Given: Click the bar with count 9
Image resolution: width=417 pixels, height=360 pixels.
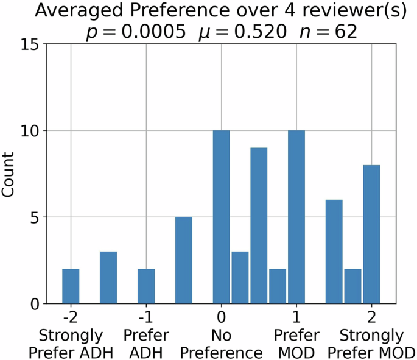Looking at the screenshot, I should [259, 225].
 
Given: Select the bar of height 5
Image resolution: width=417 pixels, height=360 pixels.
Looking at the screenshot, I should [184, 260].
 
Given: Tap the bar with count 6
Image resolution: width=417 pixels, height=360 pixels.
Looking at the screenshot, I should [334, 252].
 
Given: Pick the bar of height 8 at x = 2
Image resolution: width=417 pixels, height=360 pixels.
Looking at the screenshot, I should [371, 235].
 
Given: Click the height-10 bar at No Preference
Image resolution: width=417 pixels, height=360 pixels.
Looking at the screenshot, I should [222, 217].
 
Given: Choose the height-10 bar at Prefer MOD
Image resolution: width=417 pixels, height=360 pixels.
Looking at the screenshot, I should [296, 217].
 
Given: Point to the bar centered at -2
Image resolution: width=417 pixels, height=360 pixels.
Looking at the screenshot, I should [71, 286].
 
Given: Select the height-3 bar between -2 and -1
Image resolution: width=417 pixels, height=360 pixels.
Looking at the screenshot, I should [108, 277].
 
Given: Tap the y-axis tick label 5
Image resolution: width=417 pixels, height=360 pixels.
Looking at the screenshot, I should [34, 217].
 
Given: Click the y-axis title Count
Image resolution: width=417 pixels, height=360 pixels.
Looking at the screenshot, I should [9, 174].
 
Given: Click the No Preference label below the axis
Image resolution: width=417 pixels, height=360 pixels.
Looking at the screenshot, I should [222, 344].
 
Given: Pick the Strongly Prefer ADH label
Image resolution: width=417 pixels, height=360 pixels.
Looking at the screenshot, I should [71, 344].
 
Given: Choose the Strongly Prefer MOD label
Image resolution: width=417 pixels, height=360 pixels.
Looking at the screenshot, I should [371, 344].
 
